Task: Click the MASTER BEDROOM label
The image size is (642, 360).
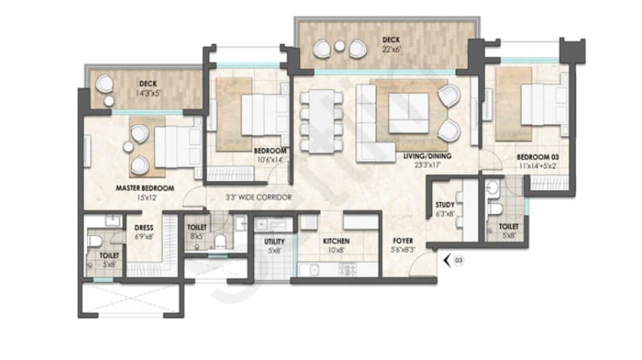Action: (145, 189)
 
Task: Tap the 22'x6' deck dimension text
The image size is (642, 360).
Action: (391, 49)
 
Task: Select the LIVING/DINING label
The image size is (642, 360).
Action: (427, 156)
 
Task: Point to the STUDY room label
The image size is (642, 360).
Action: (445, 205)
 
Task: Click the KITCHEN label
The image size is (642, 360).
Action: (336, 241)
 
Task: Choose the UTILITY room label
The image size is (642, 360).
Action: (274, 242)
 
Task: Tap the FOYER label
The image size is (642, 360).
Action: (403, 241)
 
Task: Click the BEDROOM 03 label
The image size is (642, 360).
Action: (538, 157)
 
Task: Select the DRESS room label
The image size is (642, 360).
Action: (144, 228)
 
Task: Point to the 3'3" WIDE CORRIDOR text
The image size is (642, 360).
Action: (259, 198)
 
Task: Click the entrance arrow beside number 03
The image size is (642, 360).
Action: (447, 260)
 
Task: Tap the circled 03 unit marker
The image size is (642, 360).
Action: (459, 261)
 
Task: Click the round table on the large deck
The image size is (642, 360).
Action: (339, 46)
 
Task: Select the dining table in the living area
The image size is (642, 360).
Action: (321, 121)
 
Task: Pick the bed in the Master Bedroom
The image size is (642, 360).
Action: (178, 147)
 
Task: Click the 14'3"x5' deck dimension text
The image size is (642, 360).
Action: (148, 93)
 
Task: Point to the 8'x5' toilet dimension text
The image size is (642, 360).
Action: (196, 236)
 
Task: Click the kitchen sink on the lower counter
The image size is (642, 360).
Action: (314, 270)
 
